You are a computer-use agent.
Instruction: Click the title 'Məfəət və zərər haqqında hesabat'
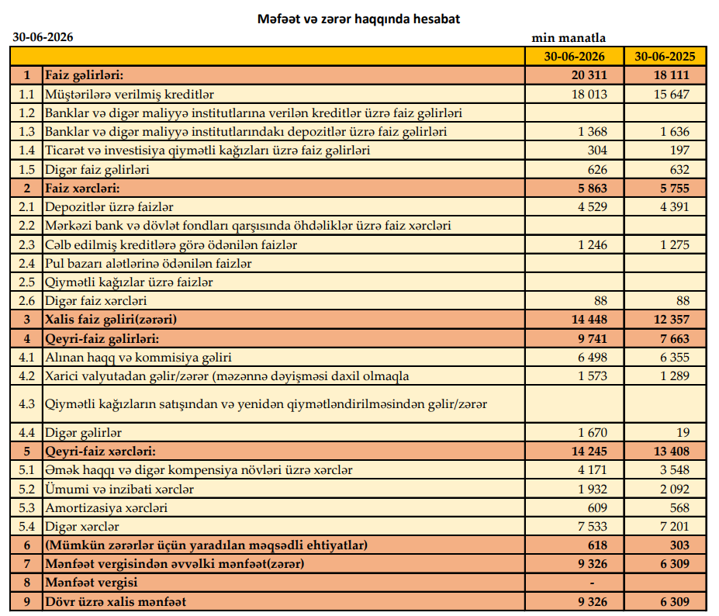coord(358,19)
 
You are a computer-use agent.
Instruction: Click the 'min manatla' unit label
coord(569,37)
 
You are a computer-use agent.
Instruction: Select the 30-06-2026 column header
coord(574,57)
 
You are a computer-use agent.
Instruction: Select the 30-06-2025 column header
coord(665,57)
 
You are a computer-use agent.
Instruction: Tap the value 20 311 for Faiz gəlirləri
coord(589,74)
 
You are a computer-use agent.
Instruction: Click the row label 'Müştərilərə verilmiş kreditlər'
coord(130,95)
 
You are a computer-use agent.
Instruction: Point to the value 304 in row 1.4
coord(597,150)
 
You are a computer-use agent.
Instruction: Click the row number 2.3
coord(26,244)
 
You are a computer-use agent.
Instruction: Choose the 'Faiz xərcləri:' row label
coord(82,188)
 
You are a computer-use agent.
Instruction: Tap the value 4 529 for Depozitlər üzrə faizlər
coord(593,206)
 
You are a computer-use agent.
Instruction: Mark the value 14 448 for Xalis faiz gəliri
coord(589,319)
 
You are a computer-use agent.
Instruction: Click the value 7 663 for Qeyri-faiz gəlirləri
coord(675,338)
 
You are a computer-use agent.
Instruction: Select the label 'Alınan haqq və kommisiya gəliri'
coord(138,358)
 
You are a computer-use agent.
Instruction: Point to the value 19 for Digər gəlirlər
coord(683,432)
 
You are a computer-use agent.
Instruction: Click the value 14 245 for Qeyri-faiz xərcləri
coord(589,451)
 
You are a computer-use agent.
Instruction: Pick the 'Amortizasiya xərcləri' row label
coord(106,507)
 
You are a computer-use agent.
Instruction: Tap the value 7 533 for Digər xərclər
coord(593,526)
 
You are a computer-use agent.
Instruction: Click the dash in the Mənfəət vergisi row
coord(592,583)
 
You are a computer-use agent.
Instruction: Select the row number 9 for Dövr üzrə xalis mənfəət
coord(26,601)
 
